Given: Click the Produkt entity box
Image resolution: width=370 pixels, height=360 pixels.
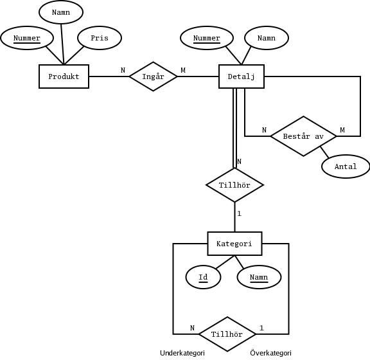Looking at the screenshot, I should [64, 76].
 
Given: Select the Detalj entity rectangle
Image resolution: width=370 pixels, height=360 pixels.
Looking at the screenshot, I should [242, 76].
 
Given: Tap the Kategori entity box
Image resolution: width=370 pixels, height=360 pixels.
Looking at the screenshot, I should [234, 244].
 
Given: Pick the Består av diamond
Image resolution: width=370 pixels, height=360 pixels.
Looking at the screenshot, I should [303, 136].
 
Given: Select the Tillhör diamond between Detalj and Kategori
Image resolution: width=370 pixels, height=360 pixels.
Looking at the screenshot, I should [234, 185].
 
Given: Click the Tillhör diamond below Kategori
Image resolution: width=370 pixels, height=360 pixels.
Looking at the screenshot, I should [227, 334].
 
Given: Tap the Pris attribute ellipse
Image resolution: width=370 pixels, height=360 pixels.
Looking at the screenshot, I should [100, 38].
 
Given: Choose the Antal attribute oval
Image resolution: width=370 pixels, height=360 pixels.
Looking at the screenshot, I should [345, 166].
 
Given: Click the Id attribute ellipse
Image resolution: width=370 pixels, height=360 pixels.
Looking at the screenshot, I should [203, 277].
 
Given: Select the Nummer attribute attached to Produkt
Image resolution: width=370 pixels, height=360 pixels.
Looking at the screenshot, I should [27, 38].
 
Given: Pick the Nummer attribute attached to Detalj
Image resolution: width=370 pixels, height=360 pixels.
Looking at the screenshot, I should [207, 38].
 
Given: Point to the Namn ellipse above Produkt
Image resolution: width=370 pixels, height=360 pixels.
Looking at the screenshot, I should [60, 12].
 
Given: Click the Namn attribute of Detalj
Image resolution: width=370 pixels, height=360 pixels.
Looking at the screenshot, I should [266, 38].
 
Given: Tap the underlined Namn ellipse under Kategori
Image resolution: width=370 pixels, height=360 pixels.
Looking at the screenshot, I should [259, 277].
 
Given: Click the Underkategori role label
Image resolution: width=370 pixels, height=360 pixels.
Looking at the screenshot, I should [182, 353].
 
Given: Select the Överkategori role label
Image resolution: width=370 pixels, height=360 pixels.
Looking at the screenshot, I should [270, 353].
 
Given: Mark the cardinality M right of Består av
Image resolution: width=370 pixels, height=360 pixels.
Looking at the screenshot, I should [342, 130].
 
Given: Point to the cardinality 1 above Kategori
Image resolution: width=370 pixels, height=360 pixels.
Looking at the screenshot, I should [239, 213].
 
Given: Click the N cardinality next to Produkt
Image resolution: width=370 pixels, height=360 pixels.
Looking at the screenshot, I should [123, 70].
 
